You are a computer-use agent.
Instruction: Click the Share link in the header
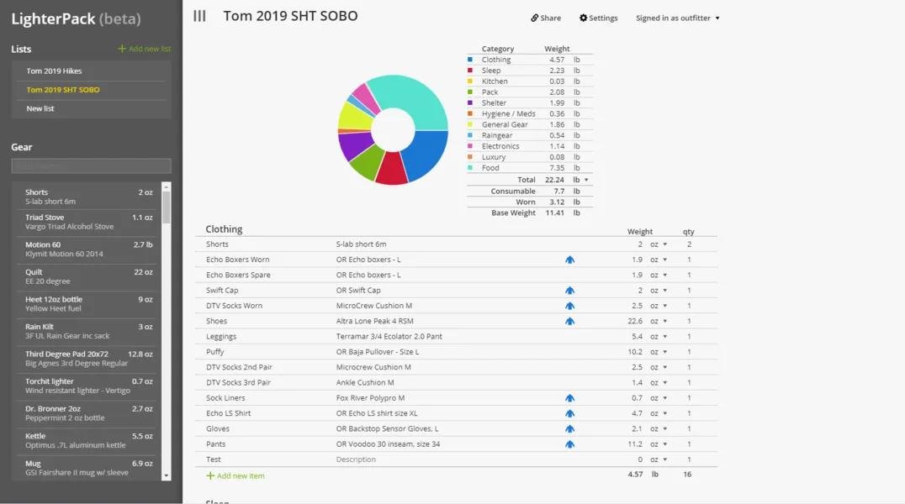546,18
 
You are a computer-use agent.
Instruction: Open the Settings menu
599,18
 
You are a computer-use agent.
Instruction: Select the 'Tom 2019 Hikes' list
54,71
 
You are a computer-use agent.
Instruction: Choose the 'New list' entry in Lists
40,108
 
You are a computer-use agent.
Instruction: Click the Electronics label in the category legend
500,146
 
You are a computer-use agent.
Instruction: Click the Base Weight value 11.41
554,213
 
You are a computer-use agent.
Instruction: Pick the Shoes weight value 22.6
634,321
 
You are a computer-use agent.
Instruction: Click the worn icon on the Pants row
569,444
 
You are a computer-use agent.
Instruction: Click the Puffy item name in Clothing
215,352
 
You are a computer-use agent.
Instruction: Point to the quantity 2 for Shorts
689,244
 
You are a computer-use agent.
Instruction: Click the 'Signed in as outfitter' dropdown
677,18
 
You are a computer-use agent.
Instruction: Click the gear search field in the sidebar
91,166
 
